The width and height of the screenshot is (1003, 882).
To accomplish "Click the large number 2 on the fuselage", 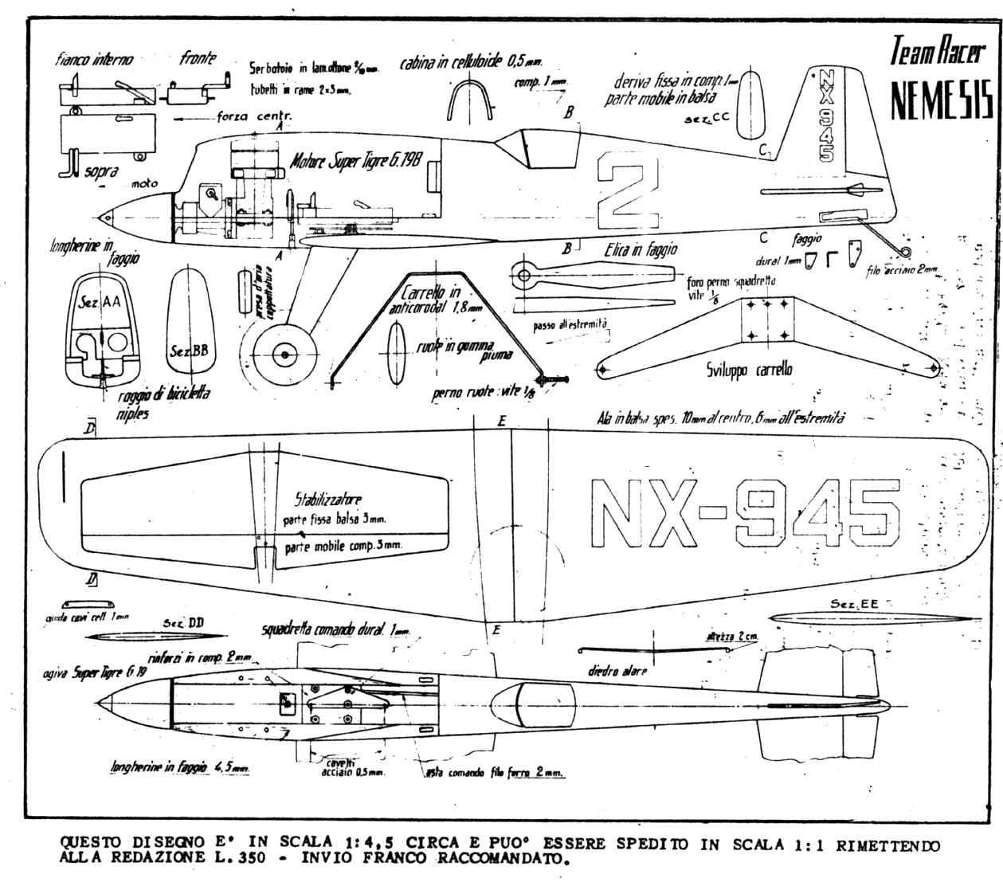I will (x=629, y=185).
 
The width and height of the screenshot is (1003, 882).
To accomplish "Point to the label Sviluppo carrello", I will (x=748, y=370).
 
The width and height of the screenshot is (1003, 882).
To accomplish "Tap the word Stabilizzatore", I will (x=327, y=500).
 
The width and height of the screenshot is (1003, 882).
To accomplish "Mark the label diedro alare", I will (x=617, y=670).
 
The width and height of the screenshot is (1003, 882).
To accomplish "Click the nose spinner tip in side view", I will (x=103, y=217).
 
